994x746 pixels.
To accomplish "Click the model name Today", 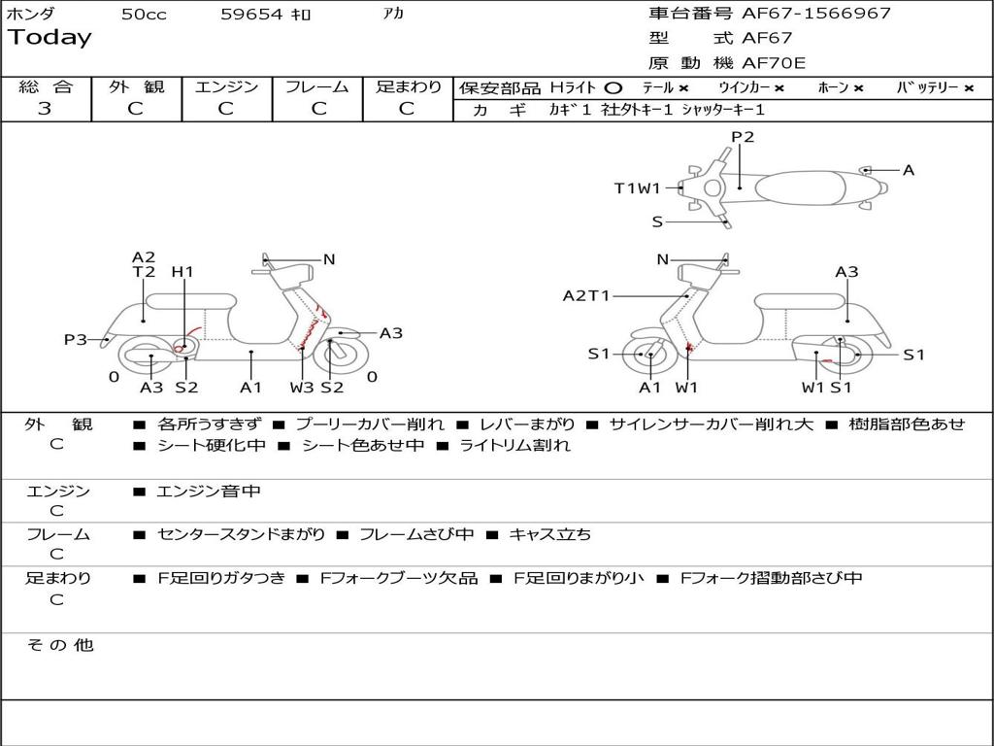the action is click(x=50, y=38).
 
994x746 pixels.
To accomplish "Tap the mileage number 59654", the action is click(x=250, y=15).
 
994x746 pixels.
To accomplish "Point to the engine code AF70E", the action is click(x=774, y=63).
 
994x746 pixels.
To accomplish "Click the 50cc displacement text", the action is click(x=144, y=15).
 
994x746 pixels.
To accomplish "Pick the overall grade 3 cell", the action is click(x=45, y=109).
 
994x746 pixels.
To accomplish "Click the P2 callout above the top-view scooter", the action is click(x=743, y=137).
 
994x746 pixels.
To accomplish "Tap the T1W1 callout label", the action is click(x=637, y=188).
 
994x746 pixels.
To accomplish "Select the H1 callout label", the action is click(x=182, y=272).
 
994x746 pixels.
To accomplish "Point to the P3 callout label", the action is click(x=76, y=340).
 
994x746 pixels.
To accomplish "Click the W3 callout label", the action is click(x=302, y=388).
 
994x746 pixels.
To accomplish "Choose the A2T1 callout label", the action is click(x=586, y=295).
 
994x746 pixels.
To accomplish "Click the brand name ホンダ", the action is click(x=31, y=14).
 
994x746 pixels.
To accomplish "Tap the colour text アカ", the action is click(x=393, y=14).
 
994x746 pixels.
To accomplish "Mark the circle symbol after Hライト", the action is click(x=613, y=88).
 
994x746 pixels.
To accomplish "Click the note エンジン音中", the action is click(x=209, y=492).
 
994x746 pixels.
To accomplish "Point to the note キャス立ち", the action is click(x=549, y=534).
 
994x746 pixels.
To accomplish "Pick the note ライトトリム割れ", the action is click(x=515, y=446).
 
